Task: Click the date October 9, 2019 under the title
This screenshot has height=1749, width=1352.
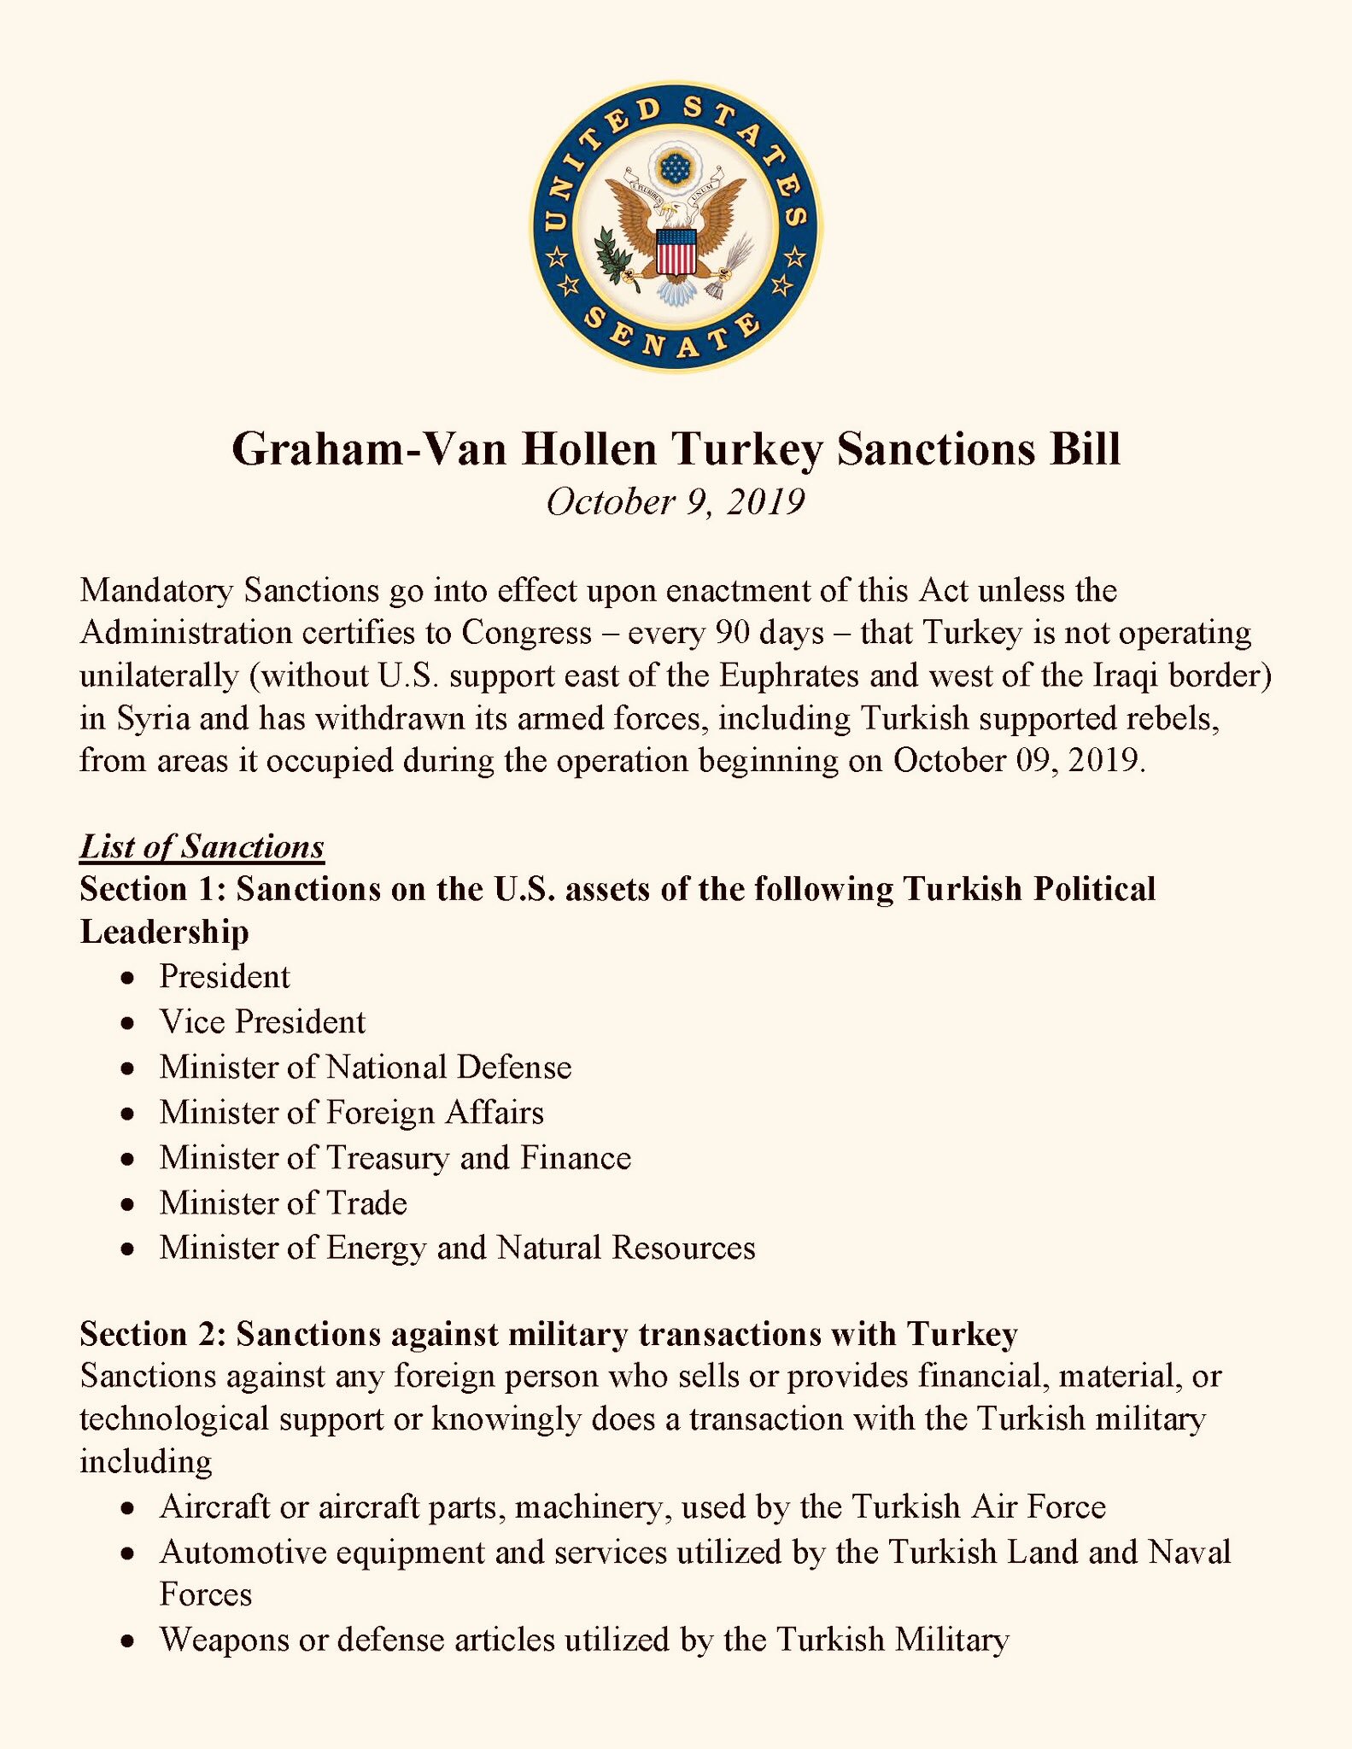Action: point(675,501)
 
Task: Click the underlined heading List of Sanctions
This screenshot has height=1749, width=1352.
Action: point(202,845)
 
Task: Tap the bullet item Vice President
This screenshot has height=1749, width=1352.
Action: point(262,1021)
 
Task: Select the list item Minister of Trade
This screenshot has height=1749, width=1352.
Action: point(283,1202)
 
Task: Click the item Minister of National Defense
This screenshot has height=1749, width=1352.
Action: point(365,1067)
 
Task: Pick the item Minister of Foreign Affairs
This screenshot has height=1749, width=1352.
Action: point(351,1112)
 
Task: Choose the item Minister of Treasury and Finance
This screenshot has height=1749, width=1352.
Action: point(395,1157)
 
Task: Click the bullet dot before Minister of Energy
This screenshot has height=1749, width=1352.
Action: point(127,1249)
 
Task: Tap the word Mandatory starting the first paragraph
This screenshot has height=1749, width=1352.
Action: point(156,590)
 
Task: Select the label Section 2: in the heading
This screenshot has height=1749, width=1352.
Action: point(152,1333)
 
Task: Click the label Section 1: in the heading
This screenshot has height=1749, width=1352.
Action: point(152,888)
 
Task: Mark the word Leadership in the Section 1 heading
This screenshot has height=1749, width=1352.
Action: point(164,931)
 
